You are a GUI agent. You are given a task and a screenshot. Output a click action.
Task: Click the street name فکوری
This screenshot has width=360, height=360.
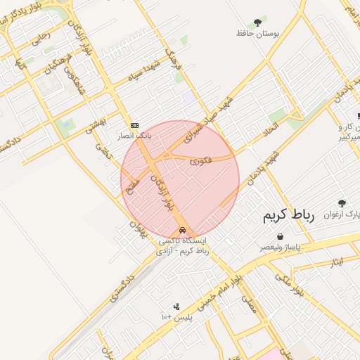point(200,161)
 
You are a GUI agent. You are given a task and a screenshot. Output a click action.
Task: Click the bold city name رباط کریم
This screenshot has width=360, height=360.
point(288,214)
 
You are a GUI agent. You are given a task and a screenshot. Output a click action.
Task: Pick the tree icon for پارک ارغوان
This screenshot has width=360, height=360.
point(342,202)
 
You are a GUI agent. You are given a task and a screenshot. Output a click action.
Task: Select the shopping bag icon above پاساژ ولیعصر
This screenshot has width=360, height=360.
point(281,237)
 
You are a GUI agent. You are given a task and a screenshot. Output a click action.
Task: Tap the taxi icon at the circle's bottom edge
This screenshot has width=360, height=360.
point(182,230)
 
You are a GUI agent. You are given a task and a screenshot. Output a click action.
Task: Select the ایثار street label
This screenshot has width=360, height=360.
point(336,262)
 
